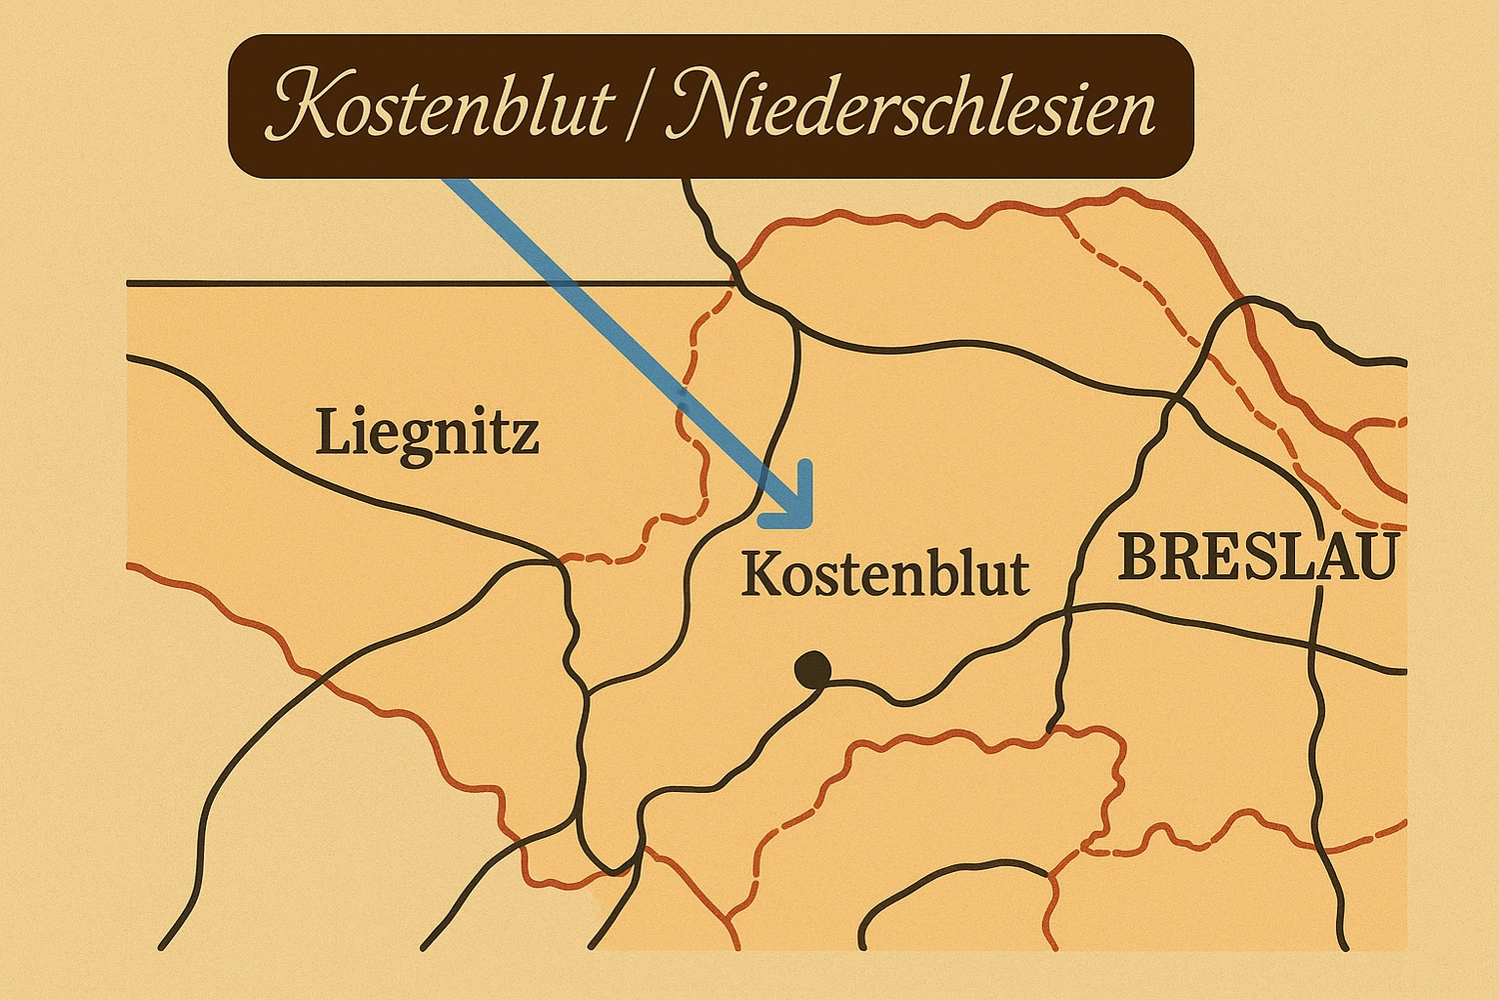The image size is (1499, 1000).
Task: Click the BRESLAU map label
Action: [1257, 558]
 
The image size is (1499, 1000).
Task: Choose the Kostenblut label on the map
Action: [885, 575]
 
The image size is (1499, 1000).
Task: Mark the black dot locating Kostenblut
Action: [811, 669]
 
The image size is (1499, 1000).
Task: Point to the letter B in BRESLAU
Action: [1140, 558]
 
